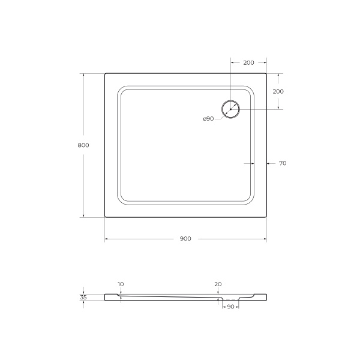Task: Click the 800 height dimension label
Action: (x=83, y=145)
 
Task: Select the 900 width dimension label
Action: (x=185, y=239)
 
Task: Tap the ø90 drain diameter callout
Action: (x=208, y=119)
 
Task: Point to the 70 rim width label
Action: (x=283, y=163)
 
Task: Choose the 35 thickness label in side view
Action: (x=83, y=296)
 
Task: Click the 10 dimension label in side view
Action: (x=121, y=284)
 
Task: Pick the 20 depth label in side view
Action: (x=218, y=284)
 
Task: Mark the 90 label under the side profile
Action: (x=230, y=307)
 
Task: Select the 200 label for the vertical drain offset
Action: (x=278, y=91)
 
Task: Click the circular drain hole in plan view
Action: (x=230, y=109)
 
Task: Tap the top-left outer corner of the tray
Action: (x=106, y=74)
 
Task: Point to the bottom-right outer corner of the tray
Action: (x=266, y=217)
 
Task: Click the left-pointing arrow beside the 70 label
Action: (x=269, y=163)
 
